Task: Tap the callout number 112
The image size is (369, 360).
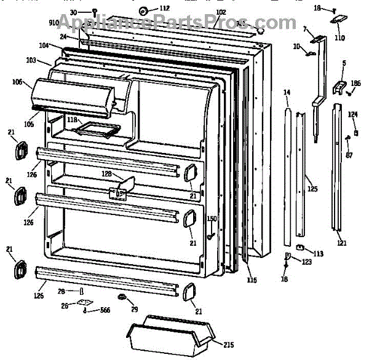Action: click(x=165, y=8)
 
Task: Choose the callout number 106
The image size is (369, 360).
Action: click(x=17, y=82)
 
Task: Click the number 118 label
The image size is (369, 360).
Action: click(x=73, y=120)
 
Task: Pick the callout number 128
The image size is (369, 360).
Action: click(x=106, y=174)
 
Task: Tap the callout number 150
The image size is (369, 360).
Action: click(x=211, y=219)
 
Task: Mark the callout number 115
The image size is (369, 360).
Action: click(x=251, y=281)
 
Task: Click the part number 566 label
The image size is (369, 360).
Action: click(x=106, y=311)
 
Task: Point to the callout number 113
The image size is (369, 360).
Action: click(x=318, y=253)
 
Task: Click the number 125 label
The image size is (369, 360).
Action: click(x=313, y=189)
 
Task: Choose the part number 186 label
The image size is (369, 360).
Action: click(x=355, y=83)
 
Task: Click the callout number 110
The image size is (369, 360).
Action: click(x=340, y=37)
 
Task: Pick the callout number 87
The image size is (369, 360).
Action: click(x=349, y=155)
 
